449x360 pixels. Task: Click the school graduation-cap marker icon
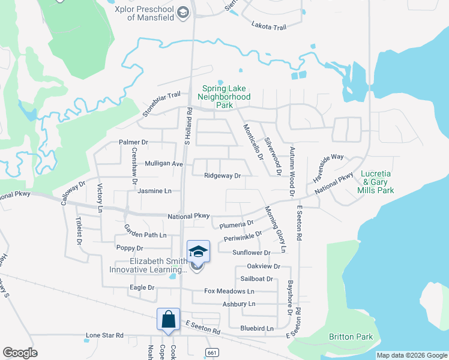click(x=199, y=252)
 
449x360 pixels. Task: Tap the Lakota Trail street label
click(x=269, y=26)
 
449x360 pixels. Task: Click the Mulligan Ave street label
click(x=163, y=163)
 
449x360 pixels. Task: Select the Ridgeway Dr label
click(x=222, y=176)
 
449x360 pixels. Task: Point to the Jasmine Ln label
click(x=154, y=191)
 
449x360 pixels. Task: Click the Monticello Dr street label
click(x=253, y=142)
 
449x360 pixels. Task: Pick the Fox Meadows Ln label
click(x=229, y=291)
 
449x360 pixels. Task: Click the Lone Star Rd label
click(x=104, y=335)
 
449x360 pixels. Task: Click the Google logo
click(x=20, y=353)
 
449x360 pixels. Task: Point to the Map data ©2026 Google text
click(x=411, y=355)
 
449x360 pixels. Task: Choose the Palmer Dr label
click(x=133, y=142)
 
